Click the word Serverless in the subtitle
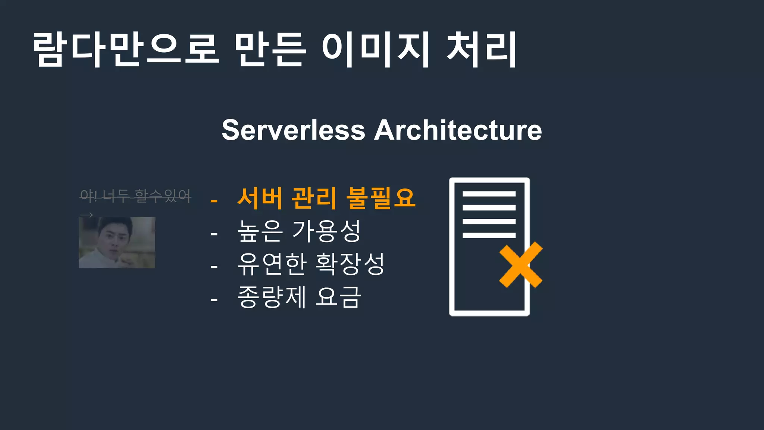coord(293,130)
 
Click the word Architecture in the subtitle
coord(458,130)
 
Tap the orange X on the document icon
coord(521,265)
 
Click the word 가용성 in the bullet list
coord(326,231)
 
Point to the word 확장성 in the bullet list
coord(350,264)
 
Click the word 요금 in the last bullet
coord(338,297)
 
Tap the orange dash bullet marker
coord(214,201)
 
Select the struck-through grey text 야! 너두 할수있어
coord(135,195)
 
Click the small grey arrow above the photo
coord(87,215)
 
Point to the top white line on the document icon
coord(489,194)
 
